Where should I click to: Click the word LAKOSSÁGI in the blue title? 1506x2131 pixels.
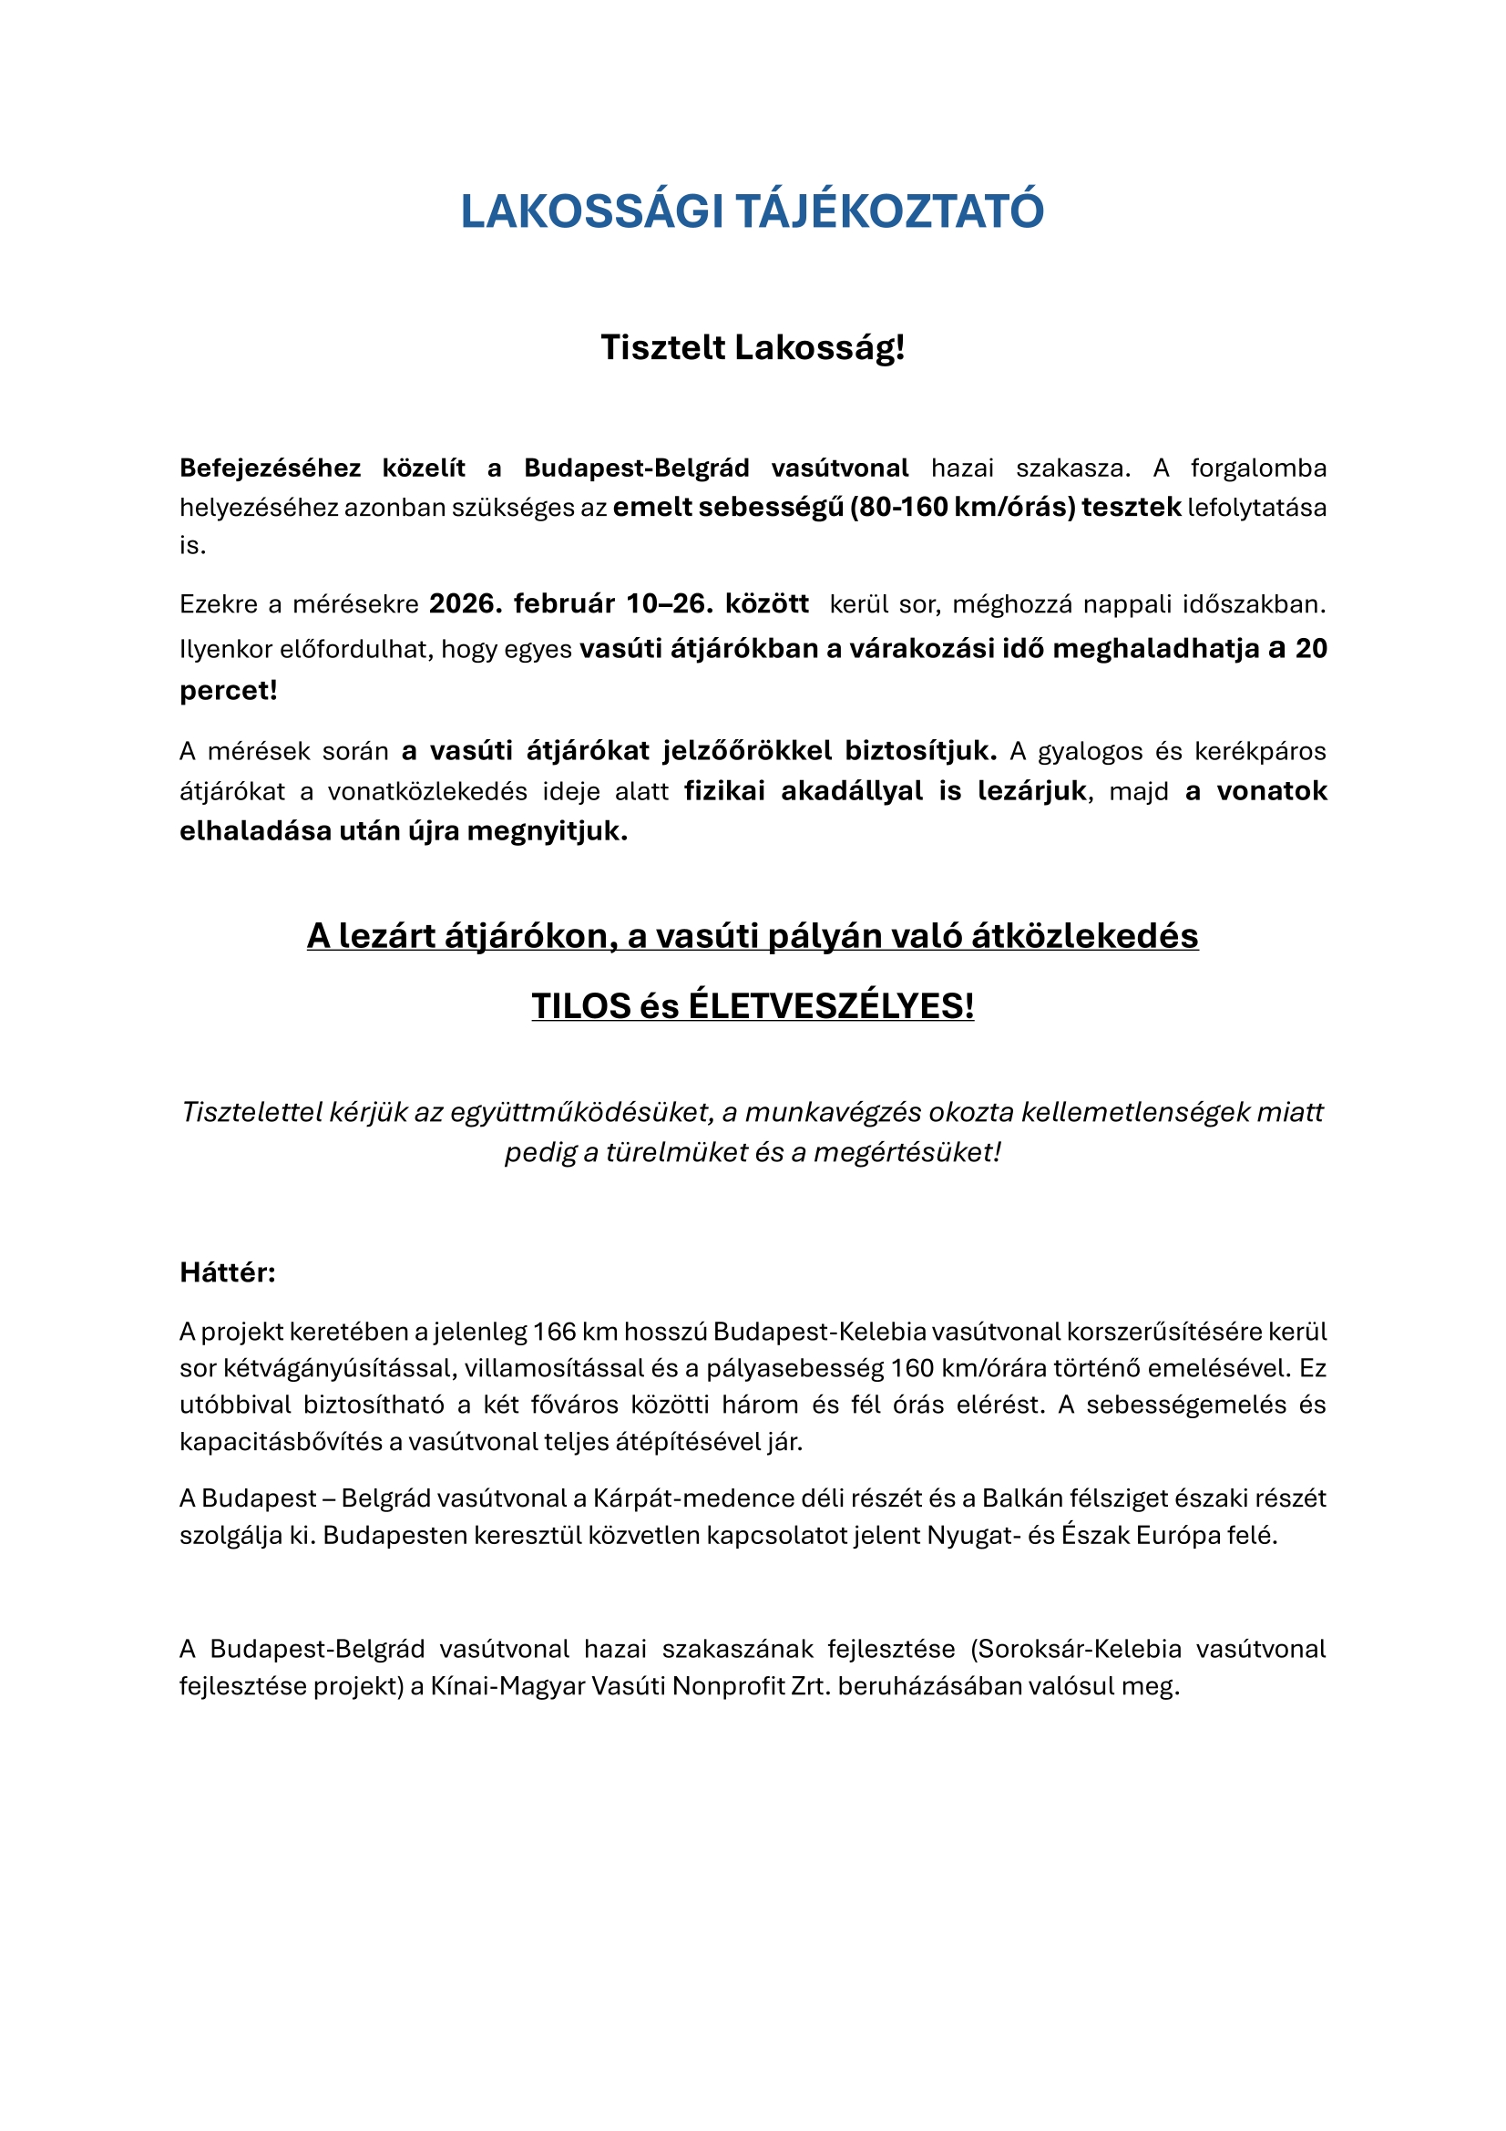(591, 211)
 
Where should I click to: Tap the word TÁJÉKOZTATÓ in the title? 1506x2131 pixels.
(890, 211)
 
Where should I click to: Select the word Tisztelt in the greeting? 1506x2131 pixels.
(662, 348)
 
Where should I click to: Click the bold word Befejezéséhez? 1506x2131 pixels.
(270, 468)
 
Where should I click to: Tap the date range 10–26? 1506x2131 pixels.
(669, 604)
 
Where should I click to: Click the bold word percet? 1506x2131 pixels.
(229, 691)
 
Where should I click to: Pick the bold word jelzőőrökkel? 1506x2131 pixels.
(747, 750)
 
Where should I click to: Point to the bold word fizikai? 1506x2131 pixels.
(724, 791)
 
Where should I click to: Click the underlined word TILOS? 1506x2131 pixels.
(580, 1006)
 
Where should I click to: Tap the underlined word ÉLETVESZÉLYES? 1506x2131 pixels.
(831, 1006)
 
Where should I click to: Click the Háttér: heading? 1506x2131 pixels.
(228, 1272)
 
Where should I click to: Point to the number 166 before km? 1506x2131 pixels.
(554, 1332)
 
